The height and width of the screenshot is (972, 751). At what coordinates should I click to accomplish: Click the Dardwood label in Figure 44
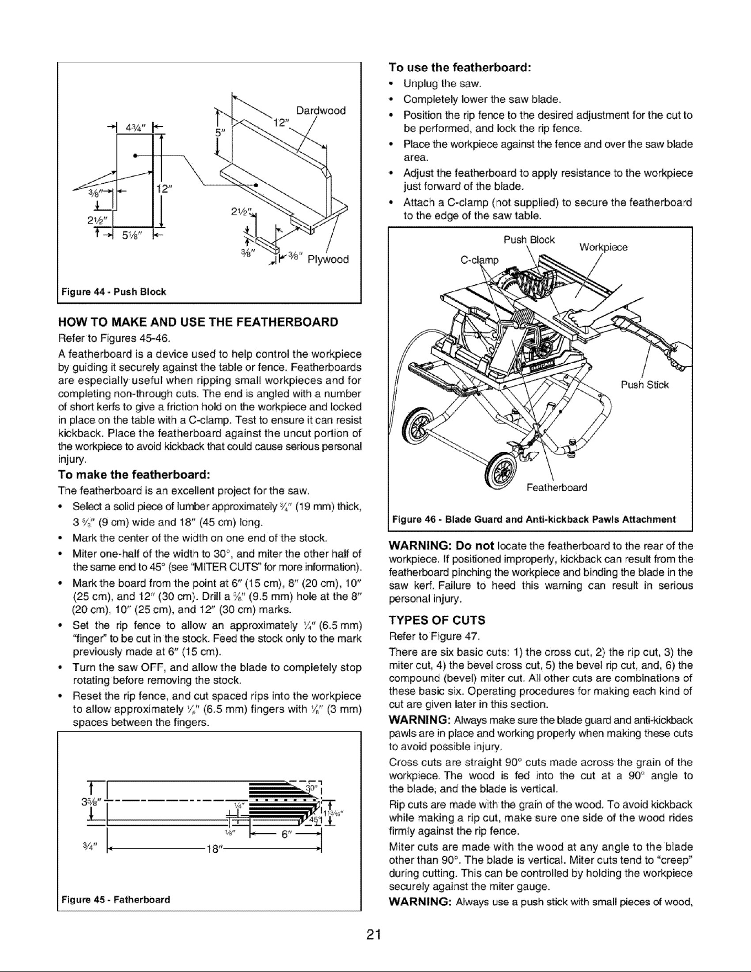pyautogui.click(x=321, y=110)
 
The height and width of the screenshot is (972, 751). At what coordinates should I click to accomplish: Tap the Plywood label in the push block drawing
pyautogui.click(x=328, y=259)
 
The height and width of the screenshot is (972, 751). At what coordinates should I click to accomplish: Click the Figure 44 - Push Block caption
pyautogui.click(x=114, y=291)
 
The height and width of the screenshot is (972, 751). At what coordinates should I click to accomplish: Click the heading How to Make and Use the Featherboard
pyautogui.click(x=198, y=322)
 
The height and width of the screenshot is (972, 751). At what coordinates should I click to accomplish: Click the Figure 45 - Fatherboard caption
pyautogui.click(x=115, y=899)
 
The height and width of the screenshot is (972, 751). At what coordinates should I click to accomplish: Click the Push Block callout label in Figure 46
pyautogui.click(x=529, y=240)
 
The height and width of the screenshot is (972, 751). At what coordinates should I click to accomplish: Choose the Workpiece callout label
pyautogui.click(x=604, y=248)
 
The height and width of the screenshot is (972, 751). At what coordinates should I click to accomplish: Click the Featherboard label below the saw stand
pyautogui.click(x=557, y=487)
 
